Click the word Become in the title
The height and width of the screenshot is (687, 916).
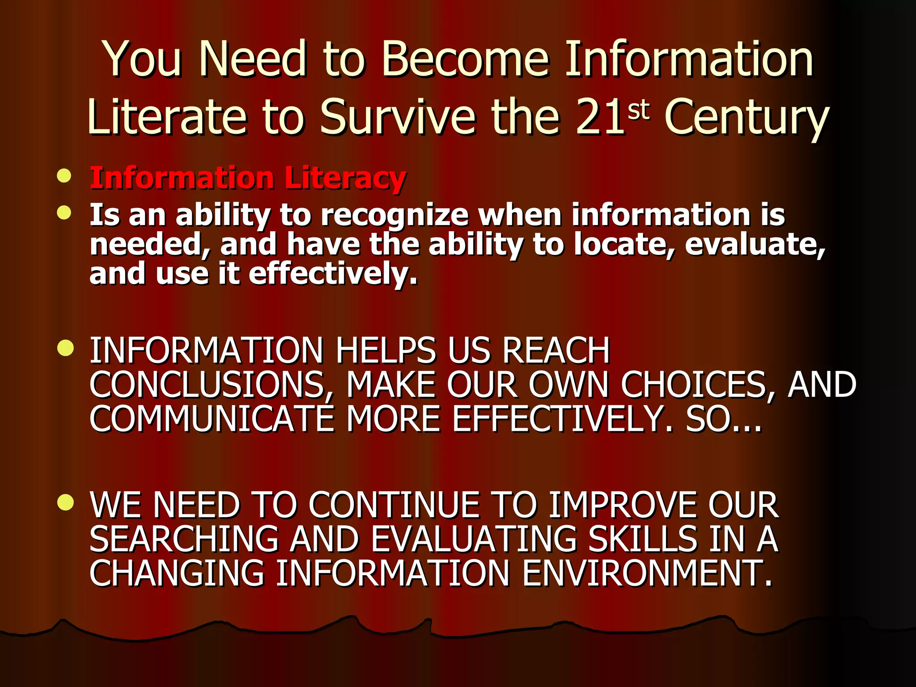pos(465,59)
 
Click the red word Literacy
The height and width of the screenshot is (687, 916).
pos(345,178)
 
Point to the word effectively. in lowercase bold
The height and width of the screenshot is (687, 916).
pos(333,274)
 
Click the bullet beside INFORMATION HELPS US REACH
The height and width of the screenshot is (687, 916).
pos(65,348)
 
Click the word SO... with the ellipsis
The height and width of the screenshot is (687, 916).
pos(724,419)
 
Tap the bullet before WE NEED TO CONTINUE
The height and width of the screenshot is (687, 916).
pos(65,503)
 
